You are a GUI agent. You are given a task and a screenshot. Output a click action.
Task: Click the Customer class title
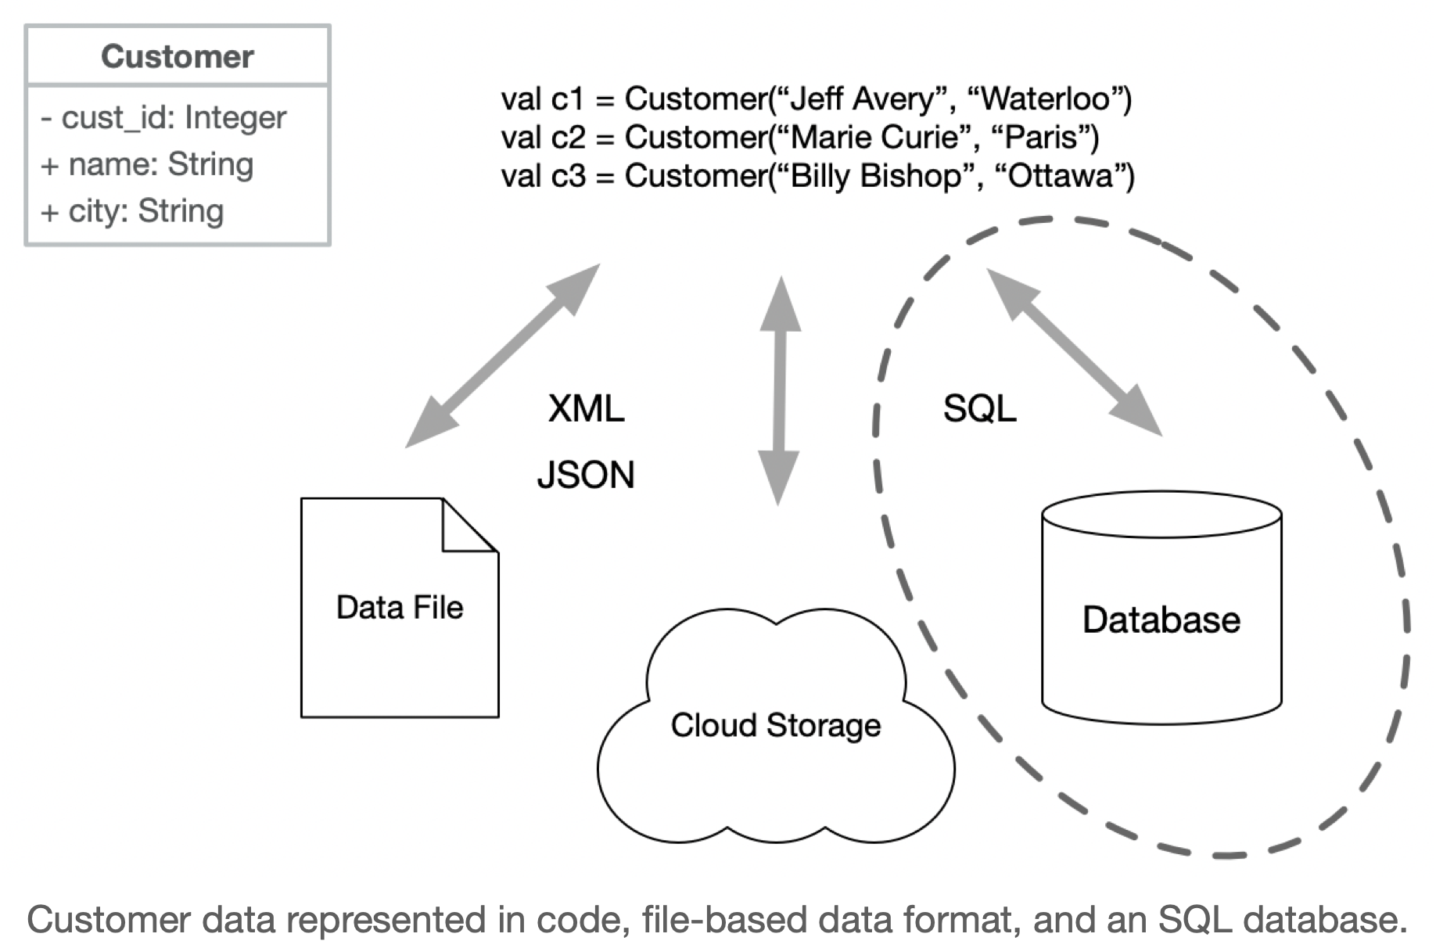tap(177, 56)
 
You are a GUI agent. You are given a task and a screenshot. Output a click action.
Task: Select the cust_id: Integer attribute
tap(164, 117)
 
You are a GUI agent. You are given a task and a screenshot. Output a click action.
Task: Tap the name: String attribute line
tap(148, 164)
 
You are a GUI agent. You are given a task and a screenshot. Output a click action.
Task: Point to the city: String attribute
tap(133, 211)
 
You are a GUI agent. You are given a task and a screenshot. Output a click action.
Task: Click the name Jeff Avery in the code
tap(863, 99)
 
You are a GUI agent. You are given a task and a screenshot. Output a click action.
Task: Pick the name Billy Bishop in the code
tap(875, 176)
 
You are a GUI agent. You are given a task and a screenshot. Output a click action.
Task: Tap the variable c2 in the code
tap(567, 138)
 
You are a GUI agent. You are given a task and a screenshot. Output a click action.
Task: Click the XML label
tap(586, 408)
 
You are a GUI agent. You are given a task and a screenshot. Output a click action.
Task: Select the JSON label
tap(585, 475)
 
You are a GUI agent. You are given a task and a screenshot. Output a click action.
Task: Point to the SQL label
tap(979, 408)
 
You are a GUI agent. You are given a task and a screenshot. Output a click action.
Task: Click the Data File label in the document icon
tap(399, 608)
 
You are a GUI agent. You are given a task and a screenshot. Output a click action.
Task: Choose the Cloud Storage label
tap(775, 725)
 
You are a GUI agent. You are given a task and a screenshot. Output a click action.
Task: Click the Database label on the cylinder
tap(1161, 619)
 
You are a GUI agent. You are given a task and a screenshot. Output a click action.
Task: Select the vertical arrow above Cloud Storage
tap(779, 391)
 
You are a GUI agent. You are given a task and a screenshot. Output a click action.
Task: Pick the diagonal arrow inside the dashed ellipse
tap(1074, 352)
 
